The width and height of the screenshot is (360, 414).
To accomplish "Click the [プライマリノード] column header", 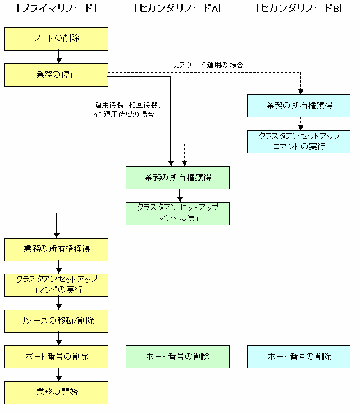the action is tap(57, 8).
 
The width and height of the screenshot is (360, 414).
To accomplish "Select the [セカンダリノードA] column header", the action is tap(177, 8).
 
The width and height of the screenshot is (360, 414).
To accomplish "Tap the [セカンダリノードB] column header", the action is tap(299, 8).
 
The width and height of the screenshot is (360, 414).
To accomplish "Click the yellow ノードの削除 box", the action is tap(56, 39).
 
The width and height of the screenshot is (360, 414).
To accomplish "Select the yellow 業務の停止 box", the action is tap(56, 75).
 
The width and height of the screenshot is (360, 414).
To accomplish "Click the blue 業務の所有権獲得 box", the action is tap(299, 106).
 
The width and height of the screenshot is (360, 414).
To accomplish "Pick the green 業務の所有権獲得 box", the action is tap(177, 178).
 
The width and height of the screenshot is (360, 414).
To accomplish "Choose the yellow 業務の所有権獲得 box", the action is tap(56, 249).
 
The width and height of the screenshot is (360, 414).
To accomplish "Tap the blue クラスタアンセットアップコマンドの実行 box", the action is tap(299, 142).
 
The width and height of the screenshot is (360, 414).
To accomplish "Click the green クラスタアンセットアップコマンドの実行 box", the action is tap(177, 213).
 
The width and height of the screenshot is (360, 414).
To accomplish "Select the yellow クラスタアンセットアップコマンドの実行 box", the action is tap(56, 285).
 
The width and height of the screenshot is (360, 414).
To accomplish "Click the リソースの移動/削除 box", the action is tap(56, 321).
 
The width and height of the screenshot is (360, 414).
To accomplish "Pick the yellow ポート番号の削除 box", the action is tap(56, 357).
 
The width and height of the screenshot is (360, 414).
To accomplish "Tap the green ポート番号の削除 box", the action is tap(177, 357).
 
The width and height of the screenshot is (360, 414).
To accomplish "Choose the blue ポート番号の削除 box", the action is tap(299, 357).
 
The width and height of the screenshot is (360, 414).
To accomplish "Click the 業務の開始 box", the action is tap(56, 393).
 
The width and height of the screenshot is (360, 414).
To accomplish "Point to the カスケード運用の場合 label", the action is tap(208, 65).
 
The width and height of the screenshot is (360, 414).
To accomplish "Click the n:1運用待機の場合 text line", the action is tap(123, 115).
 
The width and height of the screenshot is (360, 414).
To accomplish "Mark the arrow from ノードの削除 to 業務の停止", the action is tap(59, 57).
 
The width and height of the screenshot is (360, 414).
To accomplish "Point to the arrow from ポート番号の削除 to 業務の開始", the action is tap(59, 375).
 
